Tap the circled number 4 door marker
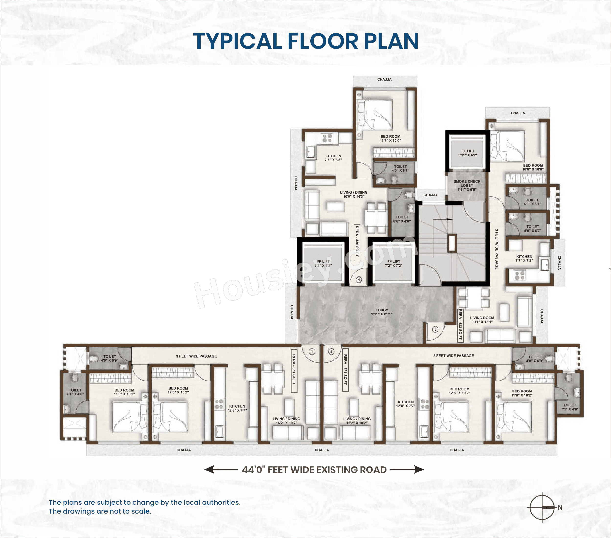tap(359, 280)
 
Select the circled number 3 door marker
tap(435, 329)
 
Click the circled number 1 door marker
tap(312, 351)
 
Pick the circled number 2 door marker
tap(331, 351)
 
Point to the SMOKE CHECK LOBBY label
tap(467, 185)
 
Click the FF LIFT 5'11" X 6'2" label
tap(468, 153)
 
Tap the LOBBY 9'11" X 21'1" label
tap(382, 312)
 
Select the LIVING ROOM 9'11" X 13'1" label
tap(482, 320)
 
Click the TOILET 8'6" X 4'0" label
tap(402, 219)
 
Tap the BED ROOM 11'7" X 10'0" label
tap(390, 138)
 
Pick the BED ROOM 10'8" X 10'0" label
tap(533, 167)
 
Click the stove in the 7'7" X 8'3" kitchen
tap(327, 138)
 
